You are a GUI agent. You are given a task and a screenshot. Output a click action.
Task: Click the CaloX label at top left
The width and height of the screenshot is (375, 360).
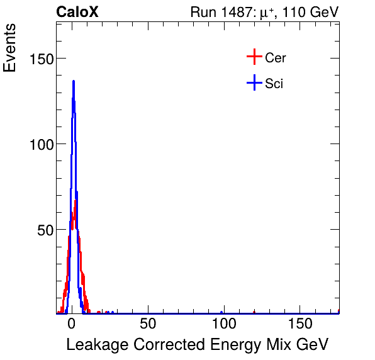77,12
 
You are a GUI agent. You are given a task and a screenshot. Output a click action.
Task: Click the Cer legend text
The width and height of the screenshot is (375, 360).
276,58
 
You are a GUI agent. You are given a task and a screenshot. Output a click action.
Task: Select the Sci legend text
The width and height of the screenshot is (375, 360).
274,83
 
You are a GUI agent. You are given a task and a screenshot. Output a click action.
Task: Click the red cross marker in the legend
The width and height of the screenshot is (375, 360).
254,57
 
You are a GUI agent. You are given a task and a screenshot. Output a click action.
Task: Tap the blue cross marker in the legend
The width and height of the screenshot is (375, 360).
254,82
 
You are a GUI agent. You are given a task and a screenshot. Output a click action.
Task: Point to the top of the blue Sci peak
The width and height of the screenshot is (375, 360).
74,81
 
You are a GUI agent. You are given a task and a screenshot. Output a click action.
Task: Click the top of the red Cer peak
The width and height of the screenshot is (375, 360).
76,201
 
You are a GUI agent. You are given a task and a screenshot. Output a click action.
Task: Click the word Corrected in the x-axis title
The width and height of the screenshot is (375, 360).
160,345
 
